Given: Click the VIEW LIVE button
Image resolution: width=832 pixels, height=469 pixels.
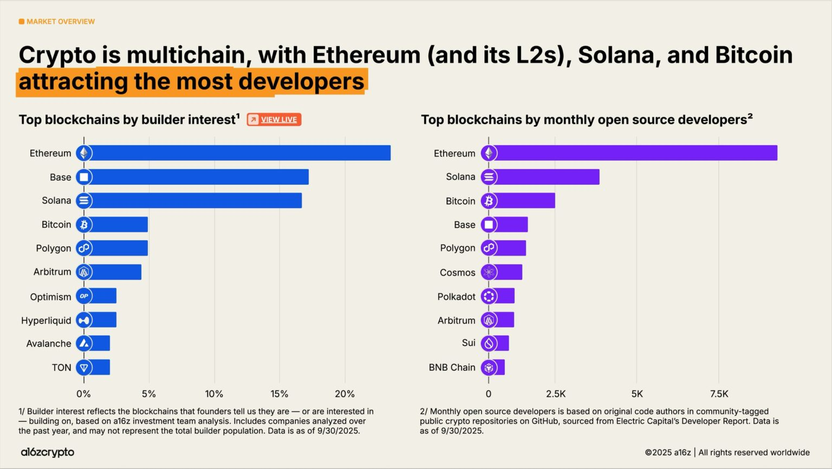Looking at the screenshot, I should click(x=274, y=120).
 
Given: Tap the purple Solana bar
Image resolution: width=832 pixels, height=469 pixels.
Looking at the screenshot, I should click(x=547, y=177).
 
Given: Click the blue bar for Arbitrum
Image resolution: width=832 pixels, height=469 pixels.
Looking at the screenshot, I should click(x=116, y=272).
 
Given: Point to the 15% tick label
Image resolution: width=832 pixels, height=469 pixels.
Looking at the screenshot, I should click(x=279, y=394).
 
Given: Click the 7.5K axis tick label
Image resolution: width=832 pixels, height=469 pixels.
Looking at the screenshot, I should click(x=719, y=394).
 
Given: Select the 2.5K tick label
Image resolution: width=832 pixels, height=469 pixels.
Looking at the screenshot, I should click(x=556, y=394).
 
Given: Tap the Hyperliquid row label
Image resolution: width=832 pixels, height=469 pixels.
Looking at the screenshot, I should click(x=46, y=320).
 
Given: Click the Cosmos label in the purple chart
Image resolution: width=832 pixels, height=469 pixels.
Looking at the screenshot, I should click(x=457, y=273).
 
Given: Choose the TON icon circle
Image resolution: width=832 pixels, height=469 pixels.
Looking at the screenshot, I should click(x=84, y=368).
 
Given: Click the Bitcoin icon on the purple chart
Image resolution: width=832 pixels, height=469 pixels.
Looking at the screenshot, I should click(x=489, y=201).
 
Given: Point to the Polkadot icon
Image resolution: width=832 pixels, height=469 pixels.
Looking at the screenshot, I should click(x=489, y=297).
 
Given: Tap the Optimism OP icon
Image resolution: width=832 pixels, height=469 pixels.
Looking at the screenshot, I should click(x=84, y=296).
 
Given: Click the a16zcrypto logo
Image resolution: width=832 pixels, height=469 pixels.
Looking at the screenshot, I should click(x=48, y=452).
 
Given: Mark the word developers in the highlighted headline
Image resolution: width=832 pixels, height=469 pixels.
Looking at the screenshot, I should click(x=301, y=82).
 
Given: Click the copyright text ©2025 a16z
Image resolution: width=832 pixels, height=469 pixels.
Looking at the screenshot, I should click(x=667, y=453).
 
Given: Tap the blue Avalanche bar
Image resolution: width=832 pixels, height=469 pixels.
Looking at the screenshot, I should click(x=101, y=344).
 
